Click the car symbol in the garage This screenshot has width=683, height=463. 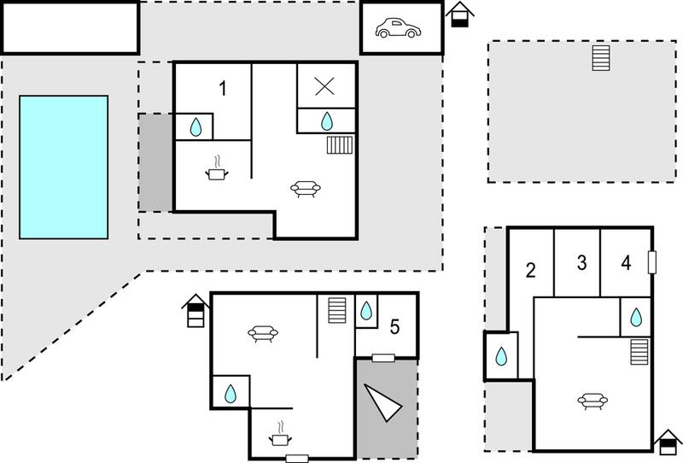click(398, 28)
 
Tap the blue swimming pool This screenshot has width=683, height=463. click(63, 167)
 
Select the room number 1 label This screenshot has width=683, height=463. click(223, 89)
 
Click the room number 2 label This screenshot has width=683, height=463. click(530, 270)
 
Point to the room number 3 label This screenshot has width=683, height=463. click(581, 262)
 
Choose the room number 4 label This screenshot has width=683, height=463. click(626, 262)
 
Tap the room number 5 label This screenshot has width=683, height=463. click(394, 327)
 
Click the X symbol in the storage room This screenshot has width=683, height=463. click(324, 86)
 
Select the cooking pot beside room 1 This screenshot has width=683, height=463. click(217, 169)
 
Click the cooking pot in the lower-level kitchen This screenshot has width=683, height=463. click(280, 434)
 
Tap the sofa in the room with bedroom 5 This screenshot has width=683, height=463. click(263, 333)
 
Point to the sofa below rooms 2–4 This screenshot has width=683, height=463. click(593, 401)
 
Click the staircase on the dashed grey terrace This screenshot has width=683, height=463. click(601, 58)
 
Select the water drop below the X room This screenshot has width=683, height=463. click(327, 121)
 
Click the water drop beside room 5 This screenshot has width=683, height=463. click(366, 310)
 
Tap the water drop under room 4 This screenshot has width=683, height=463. click(636, 318)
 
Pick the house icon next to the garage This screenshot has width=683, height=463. click(459, 15)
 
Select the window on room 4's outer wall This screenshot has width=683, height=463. click(652, 262)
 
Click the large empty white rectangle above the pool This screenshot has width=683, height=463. click(71, 27)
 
